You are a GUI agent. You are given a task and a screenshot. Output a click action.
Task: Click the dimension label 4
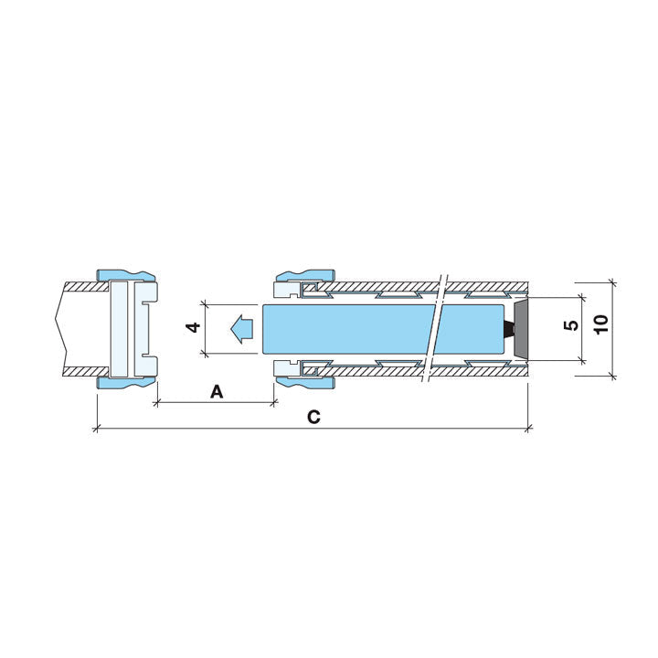point(194,327)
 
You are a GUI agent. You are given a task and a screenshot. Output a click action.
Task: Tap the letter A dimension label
point(216,392)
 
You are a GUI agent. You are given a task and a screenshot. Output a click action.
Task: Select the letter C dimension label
point(313,417)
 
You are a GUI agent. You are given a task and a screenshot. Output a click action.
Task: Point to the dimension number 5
point(572,324)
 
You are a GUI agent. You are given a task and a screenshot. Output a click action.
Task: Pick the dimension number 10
point(601,324)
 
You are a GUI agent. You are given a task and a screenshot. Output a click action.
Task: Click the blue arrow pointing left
point(241,329)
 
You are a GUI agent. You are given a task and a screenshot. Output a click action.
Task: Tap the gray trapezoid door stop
point(520,328)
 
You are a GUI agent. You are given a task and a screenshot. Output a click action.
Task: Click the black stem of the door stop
point(509,328)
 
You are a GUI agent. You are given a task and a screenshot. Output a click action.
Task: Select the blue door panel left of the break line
point(349,329)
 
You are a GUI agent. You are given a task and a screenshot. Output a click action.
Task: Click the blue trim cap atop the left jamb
point(125,275)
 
